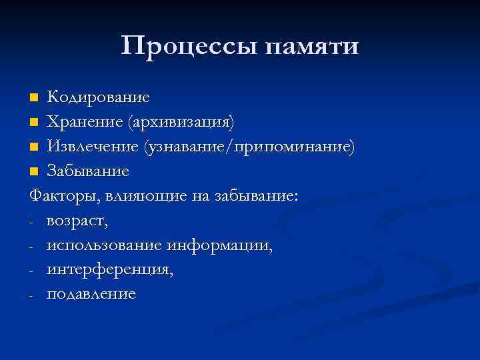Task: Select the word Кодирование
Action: (x=98, y=97)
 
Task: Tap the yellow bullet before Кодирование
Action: (x=35, y=98)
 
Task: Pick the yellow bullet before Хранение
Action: (x=35, y=123)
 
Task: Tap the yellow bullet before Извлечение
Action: (x=35, y=147)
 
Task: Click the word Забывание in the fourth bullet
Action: (x=87, y=171)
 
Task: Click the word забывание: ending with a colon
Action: (x=257, y=197)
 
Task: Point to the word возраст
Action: (x=77, y=221)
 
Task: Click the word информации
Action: (x=221, y=245)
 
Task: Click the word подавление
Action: (x=91, y=295)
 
